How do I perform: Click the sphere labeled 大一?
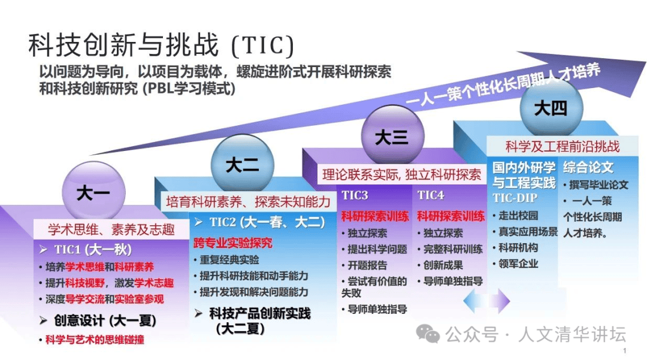pyautogui.click(x=93, y=192)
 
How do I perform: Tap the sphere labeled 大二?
pyautogui.click(x=242, y=164)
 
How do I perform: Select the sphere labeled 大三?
pyautogui.click(x=392, y=136)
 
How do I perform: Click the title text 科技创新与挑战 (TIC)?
pyautogui.click(x=161, y=45)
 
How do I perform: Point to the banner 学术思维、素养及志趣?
pyautogui.click(x=111, y=229)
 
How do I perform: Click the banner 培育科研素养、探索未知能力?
pyautogui.click(x=249, y=201)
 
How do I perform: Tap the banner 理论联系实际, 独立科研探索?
pyautogui.click(x=401, y=174)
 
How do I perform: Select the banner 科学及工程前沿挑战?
pyautogui.click(x=563, y=146)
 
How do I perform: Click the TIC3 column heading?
pyautogui.click(x=355, y=195)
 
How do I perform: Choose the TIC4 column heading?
pyautogui.click(x=431, y=195)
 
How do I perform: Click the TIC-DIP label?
pyautogui.click(x=515, y=198)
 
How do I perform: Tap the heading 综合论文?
pyautogui.click(x=588, y=168)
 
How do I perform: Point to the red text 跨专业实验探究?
pyautogui.click(x=232, y=243)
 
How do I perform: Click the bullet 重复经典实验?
pyautogui.click(x=226, y=260)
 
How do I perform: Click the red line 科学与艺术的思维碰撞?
pyautogui.click(x=92, y=340)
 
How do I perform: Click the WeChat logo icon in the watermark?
pyautogui.click(x=428, y=334)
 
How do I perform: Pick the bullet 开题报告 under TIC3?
pyautogui.click(x=365, y=265)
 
